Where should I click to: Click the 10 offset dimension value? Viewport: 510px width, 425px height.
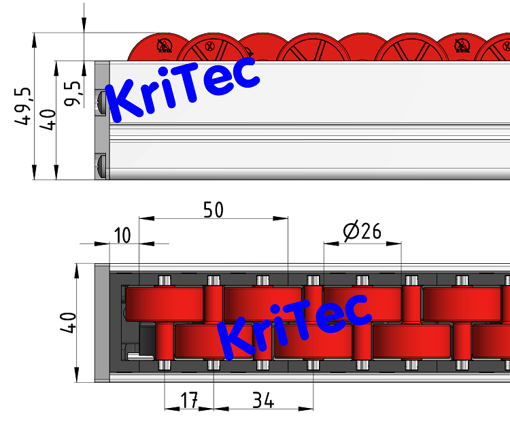click(x=122, y=236)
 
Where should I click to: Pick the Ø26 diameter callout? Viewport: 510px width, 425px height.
click(x=362, y=232)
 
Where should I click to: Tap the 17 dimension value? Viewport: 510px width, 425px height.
click(x=188, y=401)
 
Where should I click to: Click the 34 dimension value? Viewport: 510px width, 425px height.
click(x=262, y=401)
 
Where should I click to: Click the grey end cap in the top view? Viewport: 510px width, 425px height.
click(x=101, y=322)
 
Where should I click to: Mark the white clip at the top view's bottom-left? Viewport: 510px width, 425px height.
click(x=136, y=354)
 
